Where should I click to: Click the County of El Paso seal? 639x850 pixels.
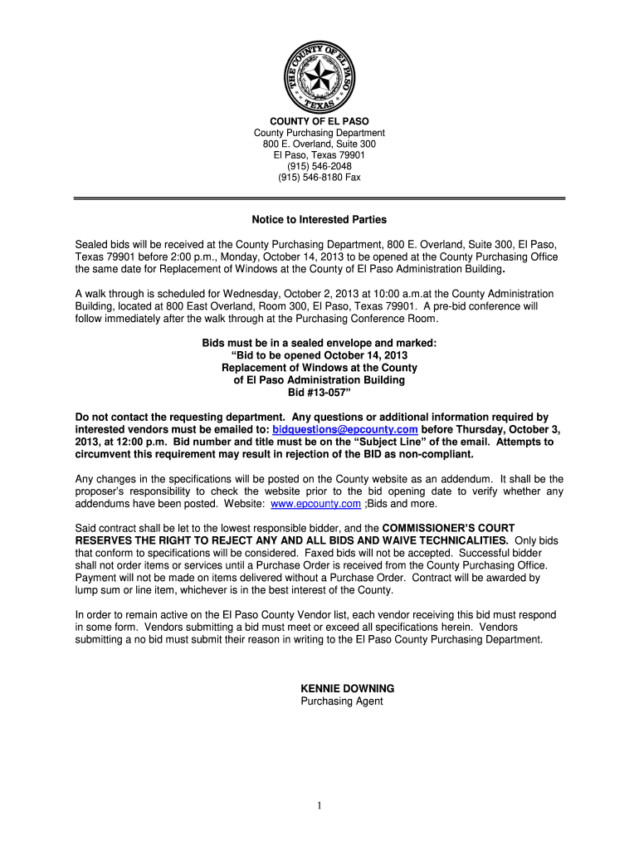(319, 77)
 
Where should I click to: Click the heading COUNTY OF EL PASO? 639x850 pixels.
(319, 121)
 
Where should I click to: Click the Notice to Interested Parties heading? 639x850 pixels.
(319, 220)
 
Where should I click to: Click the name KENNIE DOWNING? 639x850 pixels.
(347, 689)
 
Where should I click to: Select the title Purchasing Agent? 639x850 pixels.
(341, 701)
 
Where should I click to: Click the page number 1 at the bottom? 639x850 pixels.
(319, 806)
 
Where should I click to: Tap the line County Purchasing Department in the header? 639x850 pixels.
(319, 133)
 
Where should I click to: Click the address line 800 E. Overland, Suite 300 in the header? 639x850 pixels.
(319, 144)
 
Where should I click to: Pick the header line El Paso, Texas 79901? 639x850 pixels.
(319, 155)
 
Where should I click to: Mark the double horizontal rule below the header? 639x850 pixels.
(319, 198)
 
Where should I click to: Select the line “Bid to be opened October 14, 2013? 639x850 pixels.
(319, 355)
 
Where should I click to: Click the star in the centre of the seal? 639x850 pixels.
(319, 76)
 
